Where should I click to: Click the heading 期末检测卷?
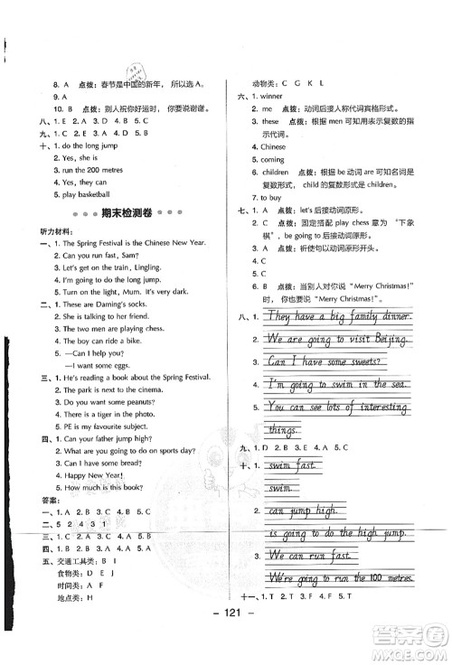(112, 212)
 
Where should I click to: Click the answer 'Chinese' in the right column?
(273, 146)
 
